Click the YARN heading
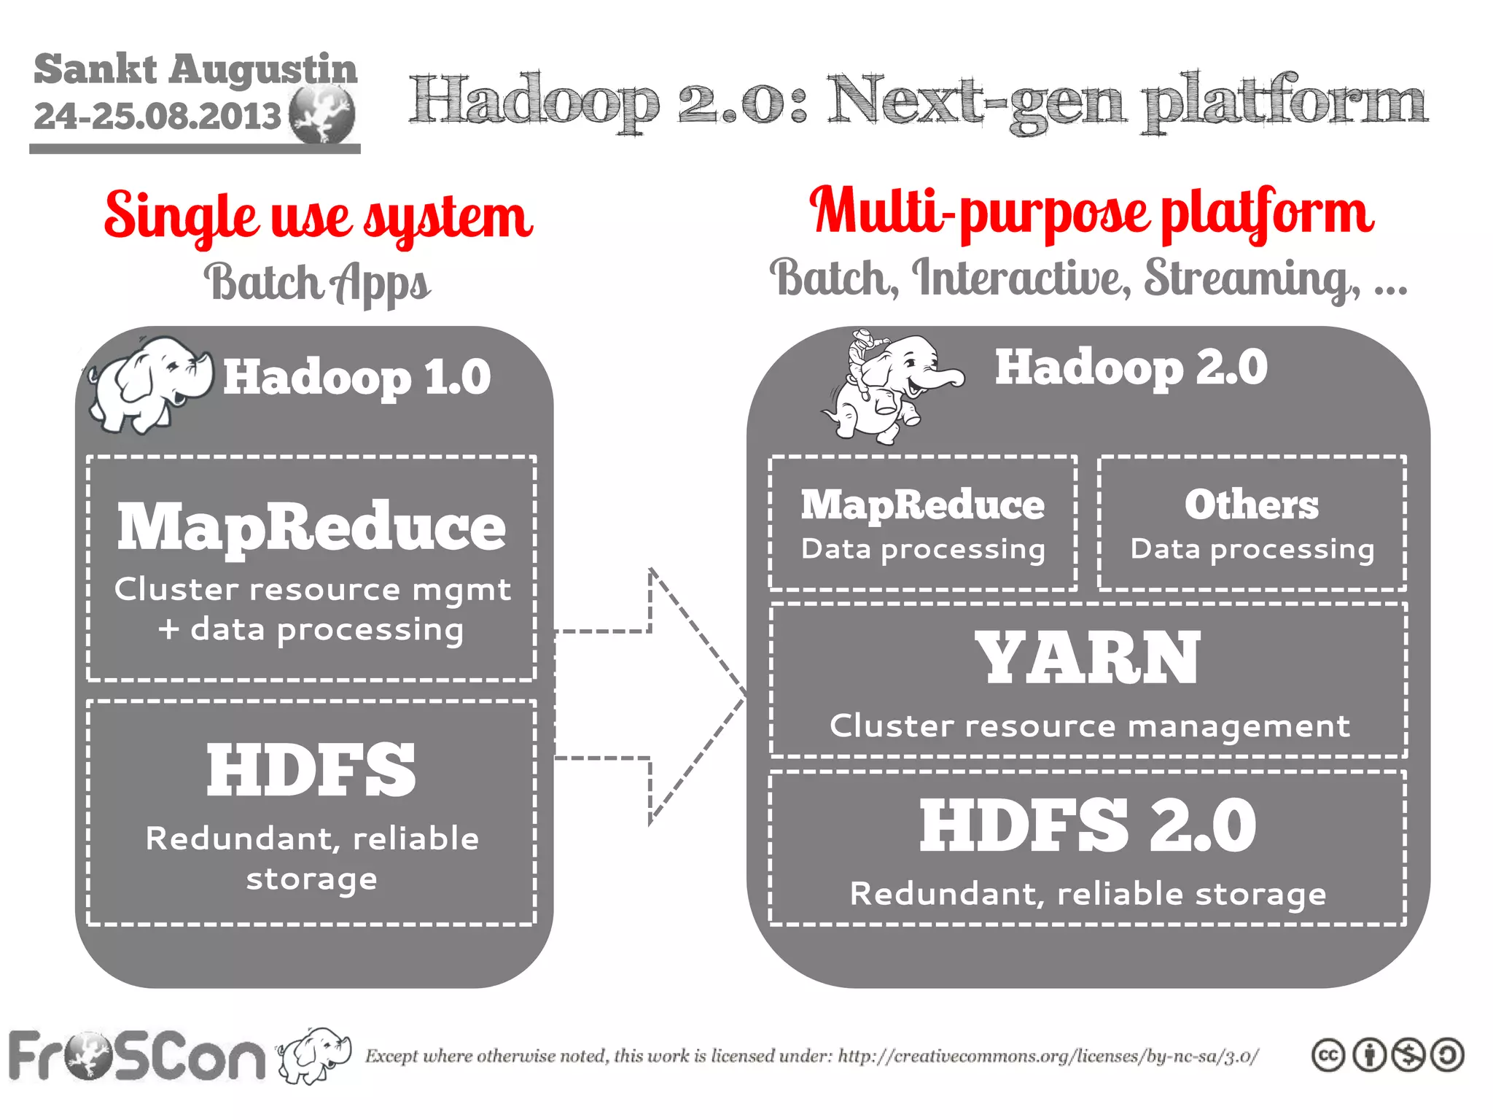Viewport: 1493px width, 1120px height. [1088, 658]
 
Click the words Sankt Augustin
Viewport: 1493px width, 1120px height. [195, 69]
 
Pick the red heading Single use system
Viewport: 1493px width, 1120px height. [319, 217]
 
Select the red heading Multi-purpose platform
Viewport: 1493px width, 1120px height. [1091, 211]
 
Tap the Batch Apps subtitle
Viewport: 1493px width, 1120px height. [317, 283]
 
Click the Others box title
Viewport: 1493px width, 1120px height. [1251, 505]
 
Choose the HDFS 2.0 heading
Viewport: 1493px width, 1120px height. [1088, 825]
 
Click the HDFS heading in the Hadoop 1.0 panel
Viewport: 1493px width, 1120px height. [311, 770]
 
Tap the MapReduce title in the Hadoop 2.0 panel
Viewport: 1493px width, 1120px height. [922, 505]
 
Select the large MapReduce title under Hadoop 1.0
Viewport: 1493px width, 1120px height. [311, 526]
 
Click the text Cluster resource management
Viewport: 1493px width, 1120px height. [1089, 726]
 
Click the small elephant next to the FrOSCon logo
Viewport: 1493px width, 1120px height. [315, 1054]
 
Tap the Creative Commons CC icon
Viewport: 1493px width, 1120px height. [1328, 1055]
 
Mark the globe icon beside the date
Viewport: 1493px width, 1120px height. [321, 114]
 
